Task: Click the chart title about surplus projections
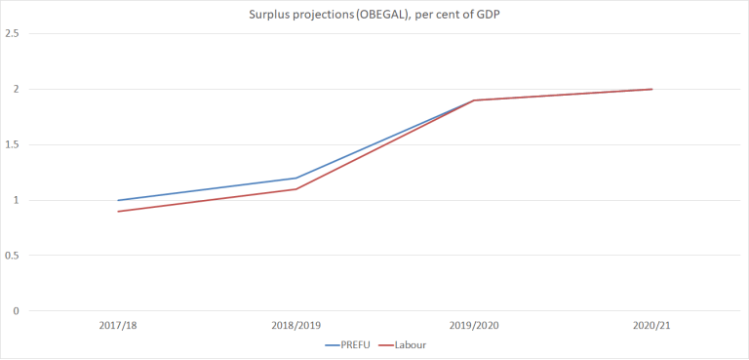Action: pos(374,13)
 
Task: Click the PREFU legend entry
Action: pos(354,345)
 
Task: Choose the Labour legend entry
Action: pos(409,345)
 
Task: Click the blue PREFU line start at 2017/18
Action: pos(118,200)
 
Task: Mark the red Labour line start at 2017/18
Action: pos(118,212)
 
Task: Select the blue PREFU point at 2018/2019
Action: pos(296,179)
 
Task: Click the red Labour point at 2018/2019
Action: pos(296,189)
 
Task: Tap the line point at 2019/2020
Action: pos(473,100)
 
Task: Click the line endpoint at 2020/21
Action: pos(650,90)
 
